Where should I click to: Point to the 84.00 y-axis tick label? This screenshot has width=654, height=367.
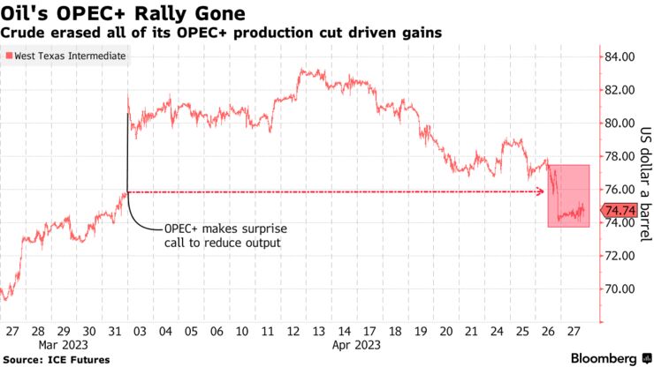coord(620,56)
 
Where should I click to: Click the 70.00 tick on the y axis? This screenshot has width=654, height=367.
coord(620,288)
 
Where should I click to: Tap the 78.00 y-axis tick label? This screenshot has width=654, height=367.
coord(620,156)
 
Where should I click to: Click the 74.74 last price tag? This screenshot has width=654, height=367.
coord(620,211)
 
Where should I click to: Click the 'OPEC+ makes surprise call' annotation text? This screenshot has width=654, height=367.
coord(225,235)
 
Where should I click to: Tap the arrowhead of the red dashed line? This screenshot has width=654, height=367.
coord(541,191)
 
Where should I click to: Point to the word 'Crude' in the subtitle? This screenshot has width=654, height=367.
coord(20,33)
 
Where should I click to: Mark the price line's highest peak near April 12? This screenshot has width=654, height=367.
coord(303,69)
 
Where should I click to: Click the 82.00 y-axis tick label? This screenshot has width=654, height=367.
coord(620,90)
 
